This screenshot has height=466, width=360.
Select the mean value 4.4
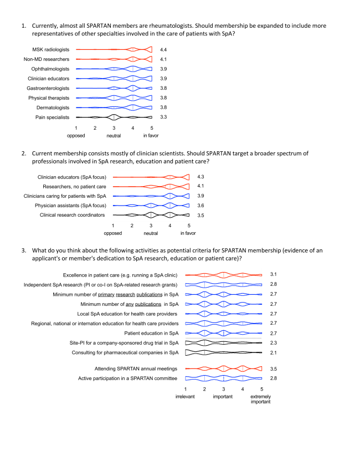(163, 50)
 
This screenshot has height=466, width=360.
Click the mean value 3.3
(163, 117)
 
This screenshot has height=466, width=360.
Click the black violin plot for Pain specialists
(114, 117)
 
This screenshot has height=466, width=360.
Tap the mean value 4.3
(201, 177)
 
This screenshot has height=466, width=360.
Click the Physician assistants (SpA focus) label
(72, 205)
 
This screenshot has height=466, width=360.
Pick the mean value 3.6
(201, 205)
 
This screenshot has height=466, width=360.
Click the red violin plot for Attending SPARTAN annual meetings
(223, 368)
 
